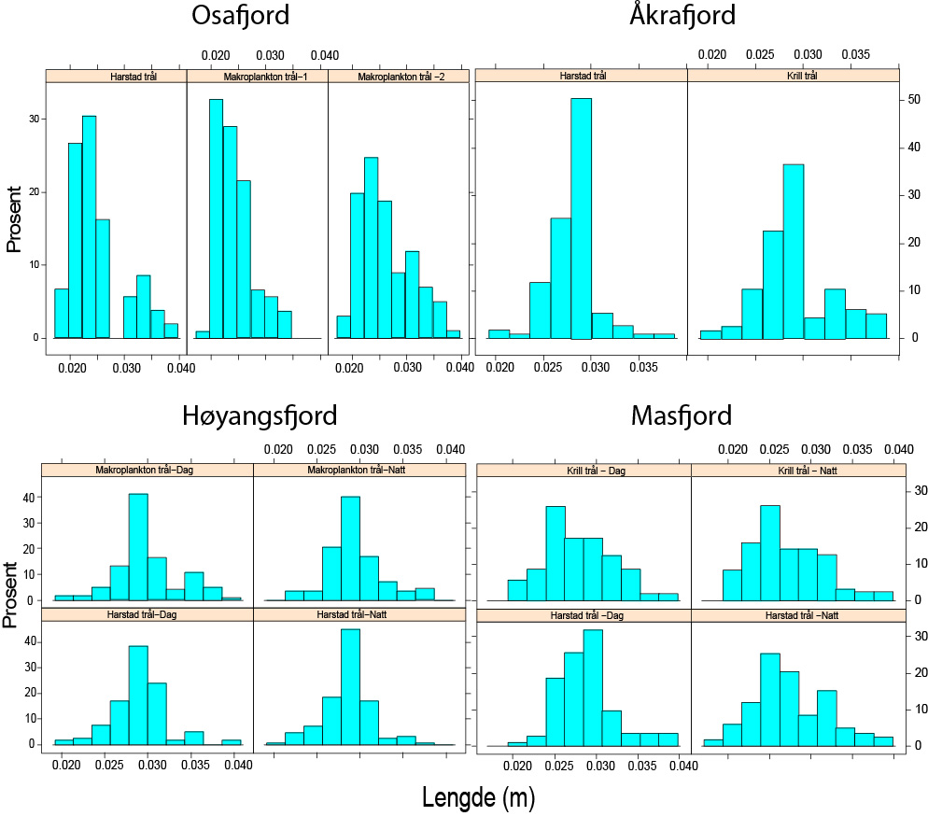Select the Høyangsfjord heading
coord(259,415)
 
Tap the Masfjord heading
coord(682,415)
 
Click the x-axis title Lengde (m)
coord(478,797)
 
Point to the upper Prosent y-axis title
coord(14,220)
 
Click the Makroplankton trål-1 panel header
coord(257,77)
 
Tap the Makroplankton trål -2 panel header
coord(400,77)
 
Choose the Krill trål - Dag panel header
coord(584,471)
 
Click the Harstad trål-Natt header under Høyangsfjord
coord(359,614)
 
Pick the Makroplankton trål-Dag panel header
coord(148,470)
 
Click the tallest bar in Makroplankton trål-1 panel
coord(216,218)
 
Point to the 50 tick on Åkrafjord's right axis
coord(908,99)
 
